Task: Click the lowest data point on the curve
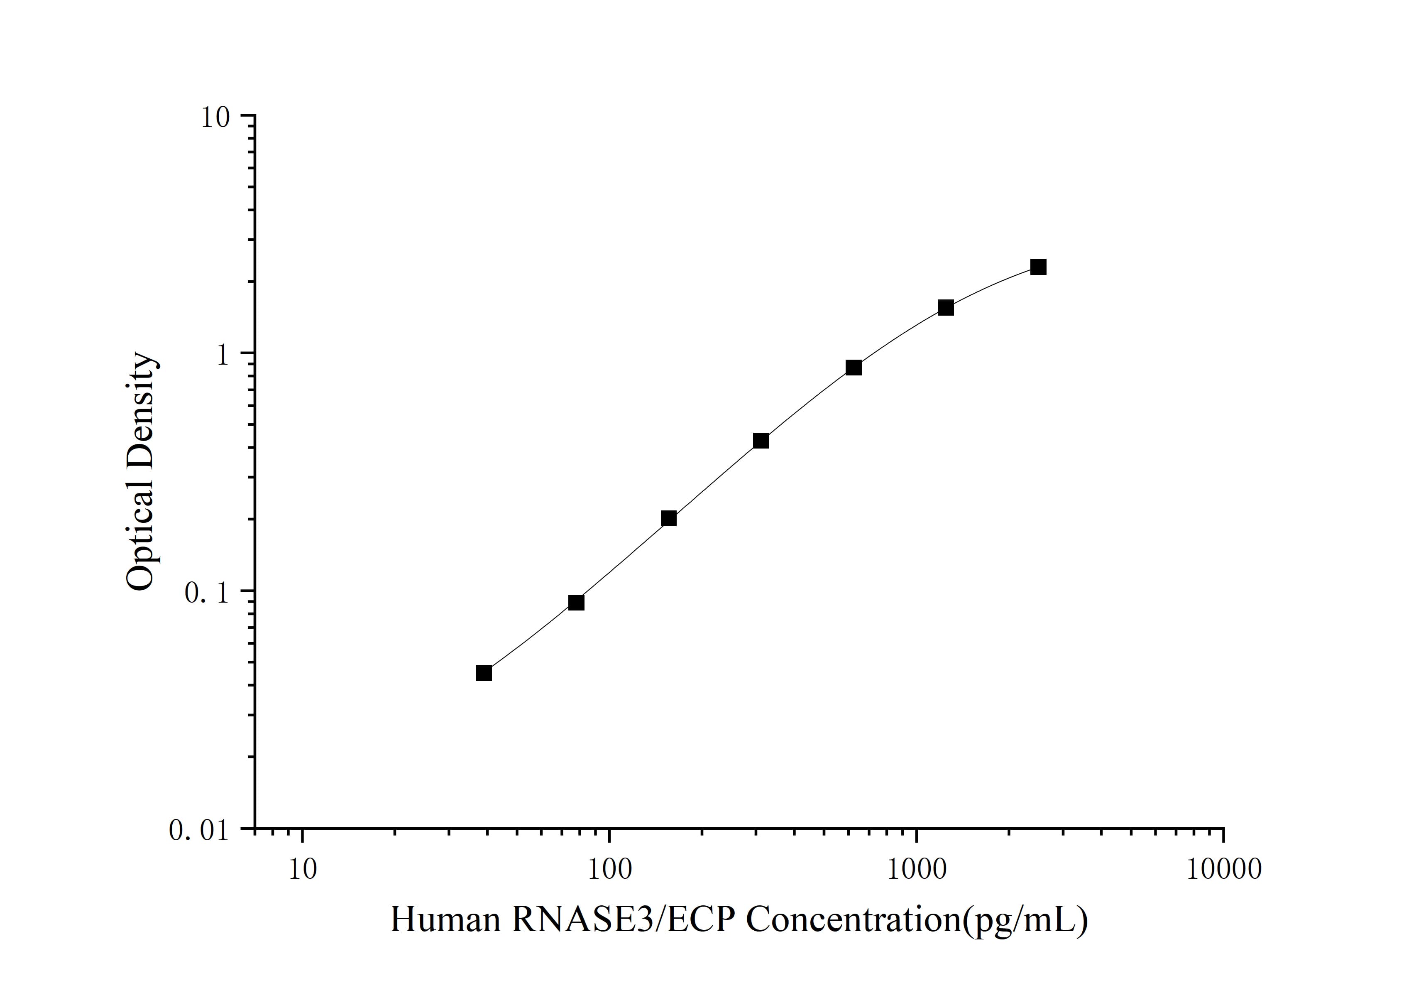484,673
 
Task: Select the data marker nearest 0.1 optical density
576,602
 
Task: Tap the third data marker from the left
668,518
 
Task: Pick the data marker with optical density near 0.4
761,441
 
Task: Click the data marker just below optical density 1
854,368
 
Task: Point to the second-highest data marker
946,308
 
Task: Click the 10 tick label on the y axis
214,118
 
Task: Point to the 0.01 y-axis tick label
198,830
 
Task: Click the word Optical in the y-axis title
142,536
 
